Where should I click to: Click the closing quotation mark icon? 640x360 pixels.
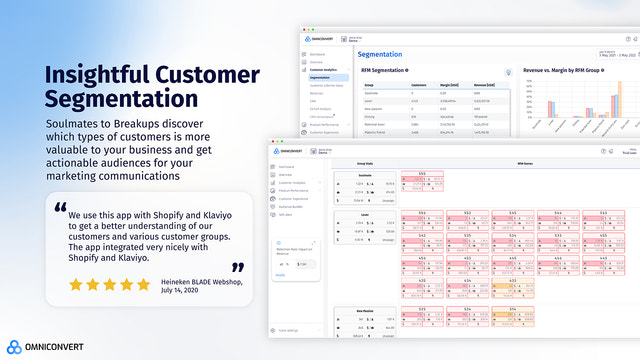(238, 267)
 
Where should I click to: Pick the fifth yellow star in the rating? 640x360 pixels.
(143, 284)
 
